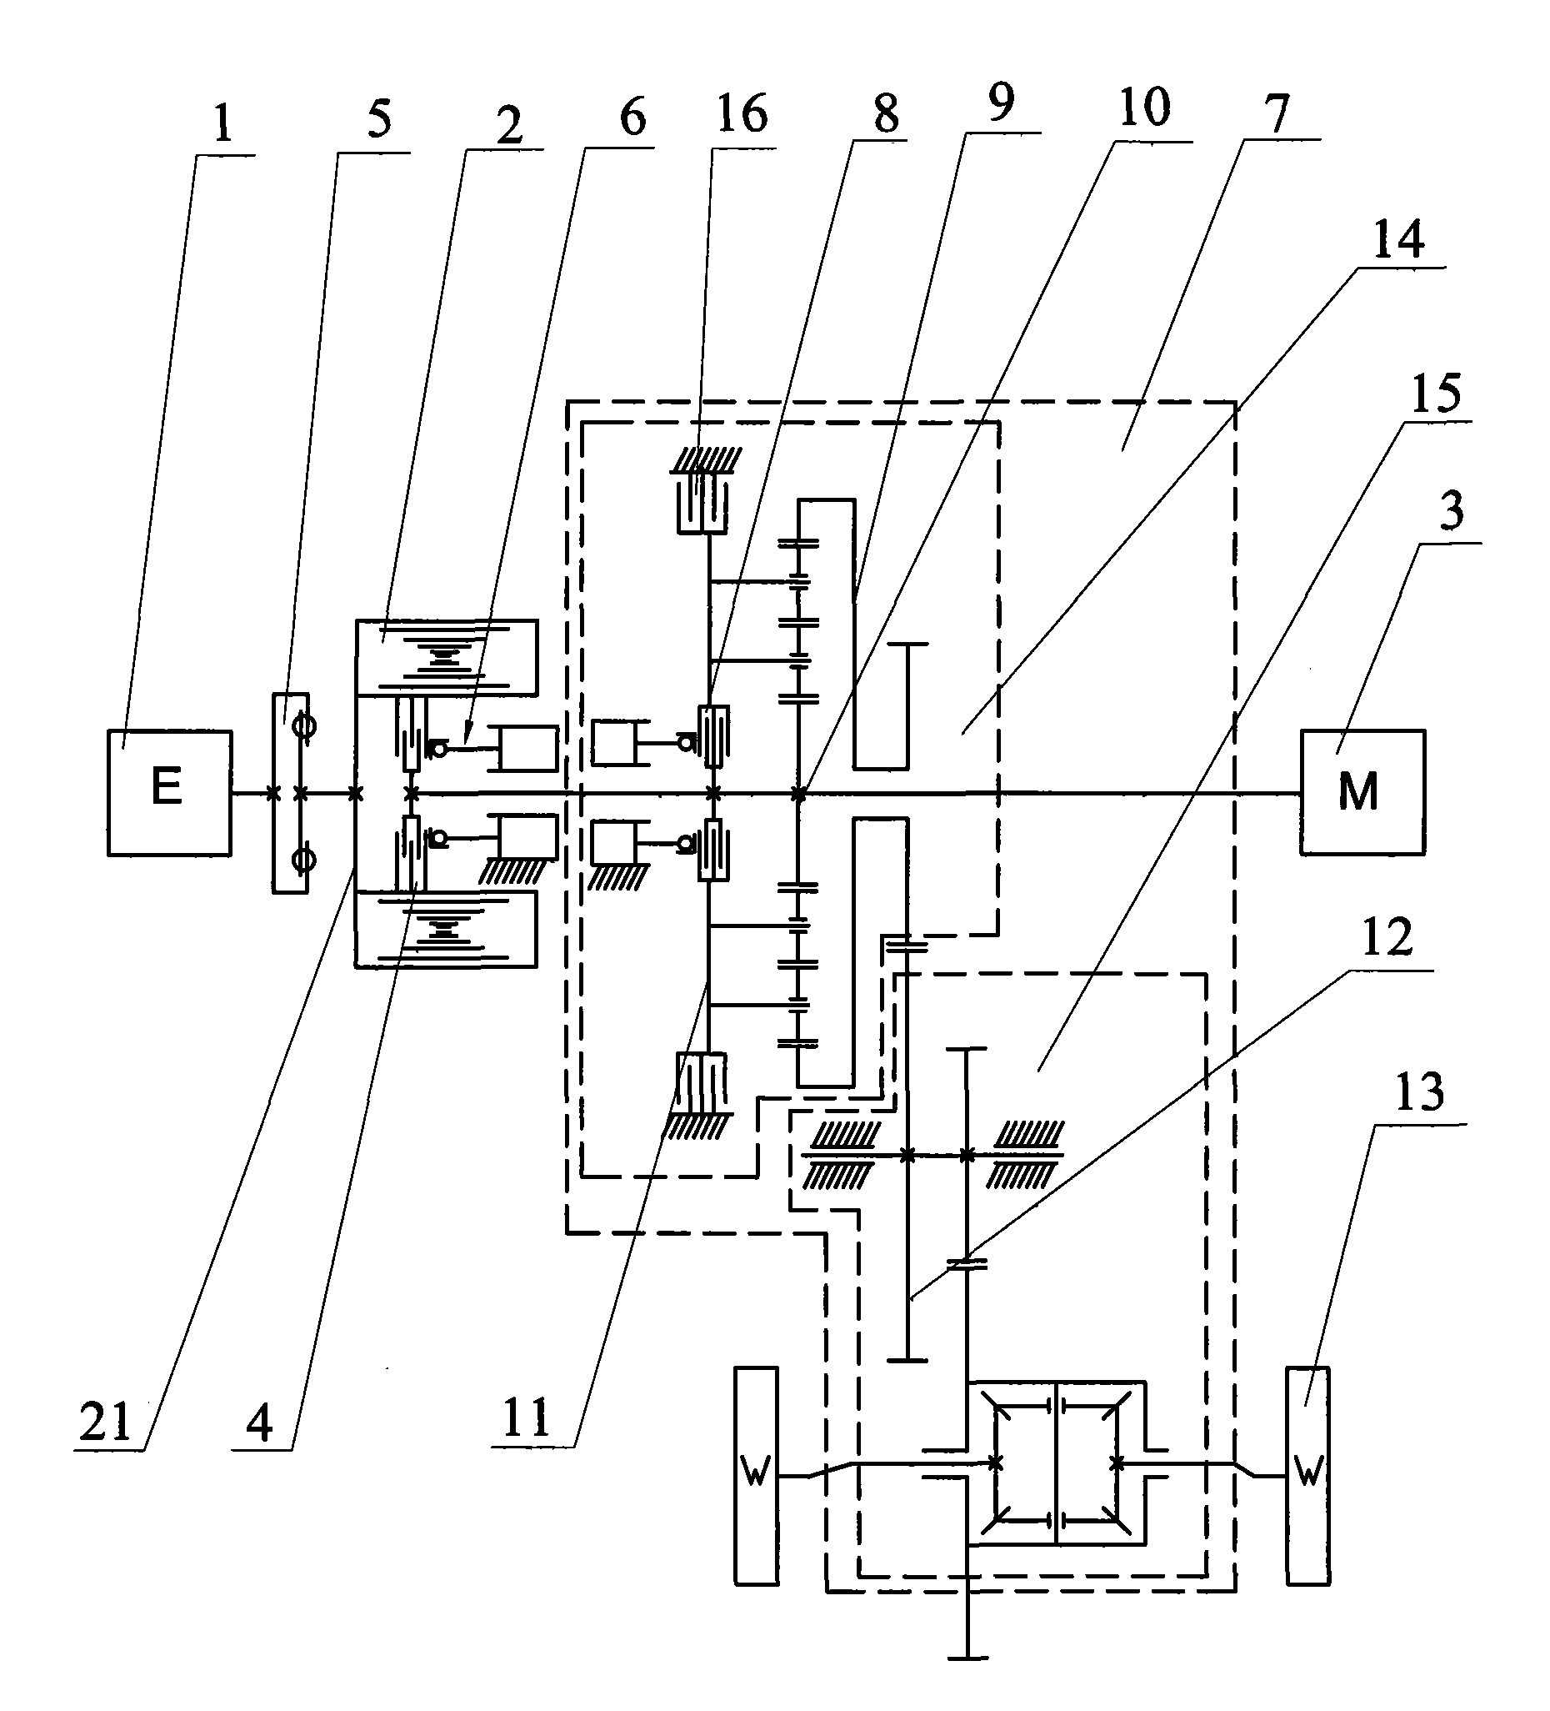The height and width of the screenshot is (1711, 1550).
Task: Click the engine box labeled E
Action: pyautogui.click(x=169, y=792)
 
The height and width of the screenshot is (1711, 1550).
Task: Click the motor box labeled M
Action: pyautogui.click(x=1361, y=792)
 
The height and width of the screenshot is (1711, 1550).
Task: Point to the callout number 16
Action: pyautogui.click(x=742, y=113)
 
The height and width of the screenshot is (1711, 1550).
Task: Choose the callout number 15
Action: pyautogui.click(x=1437, y=393)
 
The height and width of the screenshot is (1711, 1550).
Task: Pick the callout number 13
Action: pyautogui.click(x=1419, y=1091)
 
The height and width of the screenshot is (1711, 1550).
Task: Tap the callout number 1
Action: pyautogui.click(x=222, y=124)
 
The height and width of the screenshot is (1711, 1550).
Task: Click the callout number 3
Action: pyautogui.click(x=1452, y=511)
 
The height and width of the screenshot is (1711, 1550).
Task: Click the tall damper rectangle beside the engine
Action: pyautogui.click(x=290, y=793)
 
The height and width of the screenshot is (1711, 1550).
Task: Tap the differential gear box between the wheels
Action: pyautogui.click(x=1056, y=1475)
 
